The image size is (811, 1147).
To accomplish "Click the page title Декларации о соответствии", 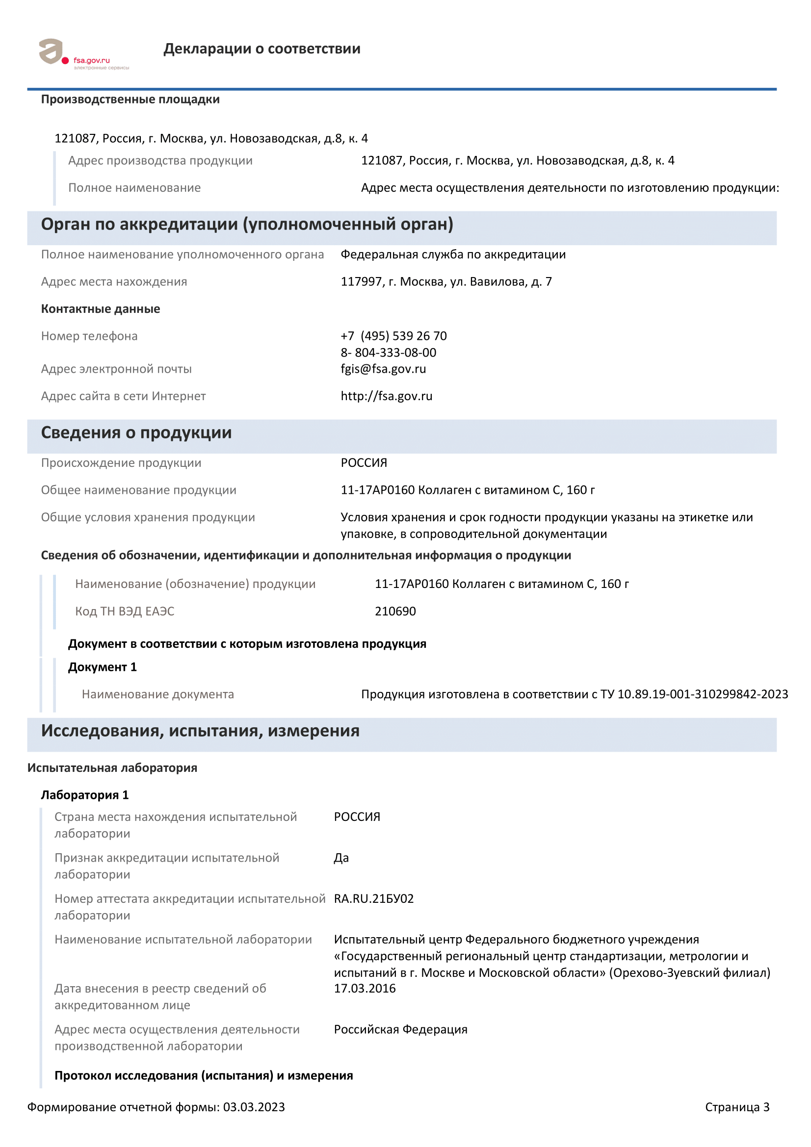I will [x=262, y=49].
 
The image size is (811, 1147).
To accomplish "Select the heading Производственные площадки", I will [x=130, y=100].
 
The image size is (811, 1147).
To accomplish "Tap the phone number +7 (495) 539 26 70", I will [x=393, y=336].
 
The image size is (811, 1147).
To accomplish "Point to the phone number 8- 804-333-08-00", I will [x=388, y=353].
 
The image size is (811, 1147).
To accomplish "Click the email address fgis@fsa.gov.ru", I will [x=383, y=369].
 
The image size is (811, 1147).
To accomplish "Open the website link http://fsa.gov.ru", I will [x=386, y=396].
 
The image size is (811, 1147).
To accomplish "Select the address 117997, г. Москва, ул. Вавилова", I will [x=445, y=282].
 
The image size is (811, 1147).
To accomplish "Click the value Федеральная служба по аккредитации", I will [x=453, y=255].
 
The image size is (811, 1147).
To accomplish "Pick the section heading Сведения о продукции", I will [x=136, y=433].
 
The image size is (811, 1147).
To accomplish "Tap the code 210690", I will [x=395, y=611].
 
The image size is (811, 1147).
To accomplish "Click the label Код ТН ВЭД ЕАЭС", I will [x=125, y=611].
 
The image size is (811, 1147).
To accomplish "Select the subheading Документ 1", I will [x=102, y=667].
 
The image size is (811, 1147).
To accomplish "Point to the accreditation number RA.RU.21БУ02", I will [x=373, y=899].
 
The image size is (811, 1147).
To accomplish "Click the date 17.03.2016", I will [x=364, y=988].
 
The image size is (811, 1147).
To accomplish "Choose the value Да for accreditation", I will [x=341, y=858].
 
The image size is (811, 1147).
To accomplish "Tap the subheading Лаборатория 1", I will [x=84, y=795].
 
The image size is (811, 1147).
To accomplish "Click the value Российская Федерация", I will [x=400, y=1029].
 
